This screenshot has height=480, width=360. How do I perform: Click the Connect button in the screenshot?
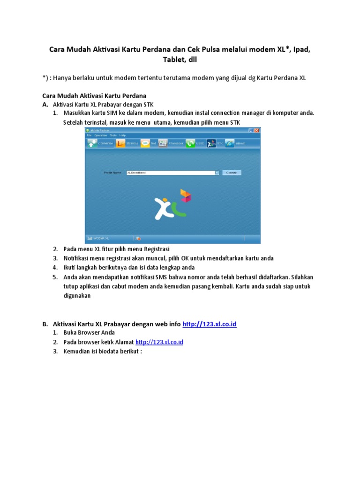pos(232,172)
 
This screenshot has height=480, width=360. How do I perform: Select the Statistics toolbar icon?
pos(121,143)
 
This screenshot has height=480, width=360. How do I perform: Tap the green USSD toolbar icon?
pos(190,143)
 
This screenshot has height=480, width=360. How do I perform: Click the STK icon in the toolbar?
pos(211,143)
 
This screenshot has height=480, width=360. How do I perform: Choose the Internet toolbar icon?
pos(230,143)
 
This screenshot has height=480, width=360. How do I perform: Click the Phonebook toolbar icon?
pos(163,143)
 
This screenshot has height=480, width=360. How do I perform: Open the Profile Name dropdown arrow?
pos(217,172)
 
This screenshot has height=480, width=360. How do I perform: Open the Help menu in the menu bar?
pos(123,135)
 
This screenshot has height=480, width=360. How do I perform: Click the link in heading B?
pos(209,324)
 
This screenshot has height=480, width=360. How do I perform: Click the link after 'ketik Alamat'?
pos(159,342)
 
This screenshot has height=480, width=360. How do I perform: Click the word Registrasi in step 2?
pos(157,249)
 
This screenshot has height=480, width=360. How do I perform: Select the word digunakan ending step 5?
pos(77,296)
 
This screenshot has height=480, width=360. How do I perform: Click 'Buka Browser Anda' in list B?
pos(89,333)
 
